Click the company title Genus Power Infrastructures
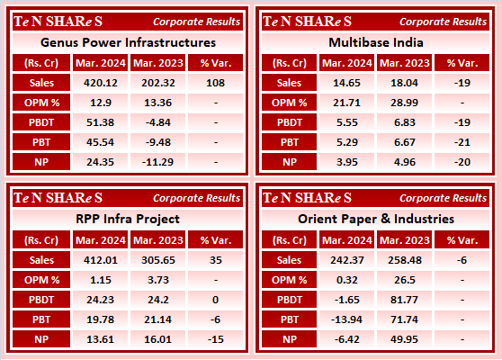[x=129, y=42]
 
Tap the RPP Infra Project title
[x=129, y=219]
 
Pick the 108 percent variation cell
[x=216, y=82]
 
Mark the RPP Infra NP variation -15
[x=216, y=337]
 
